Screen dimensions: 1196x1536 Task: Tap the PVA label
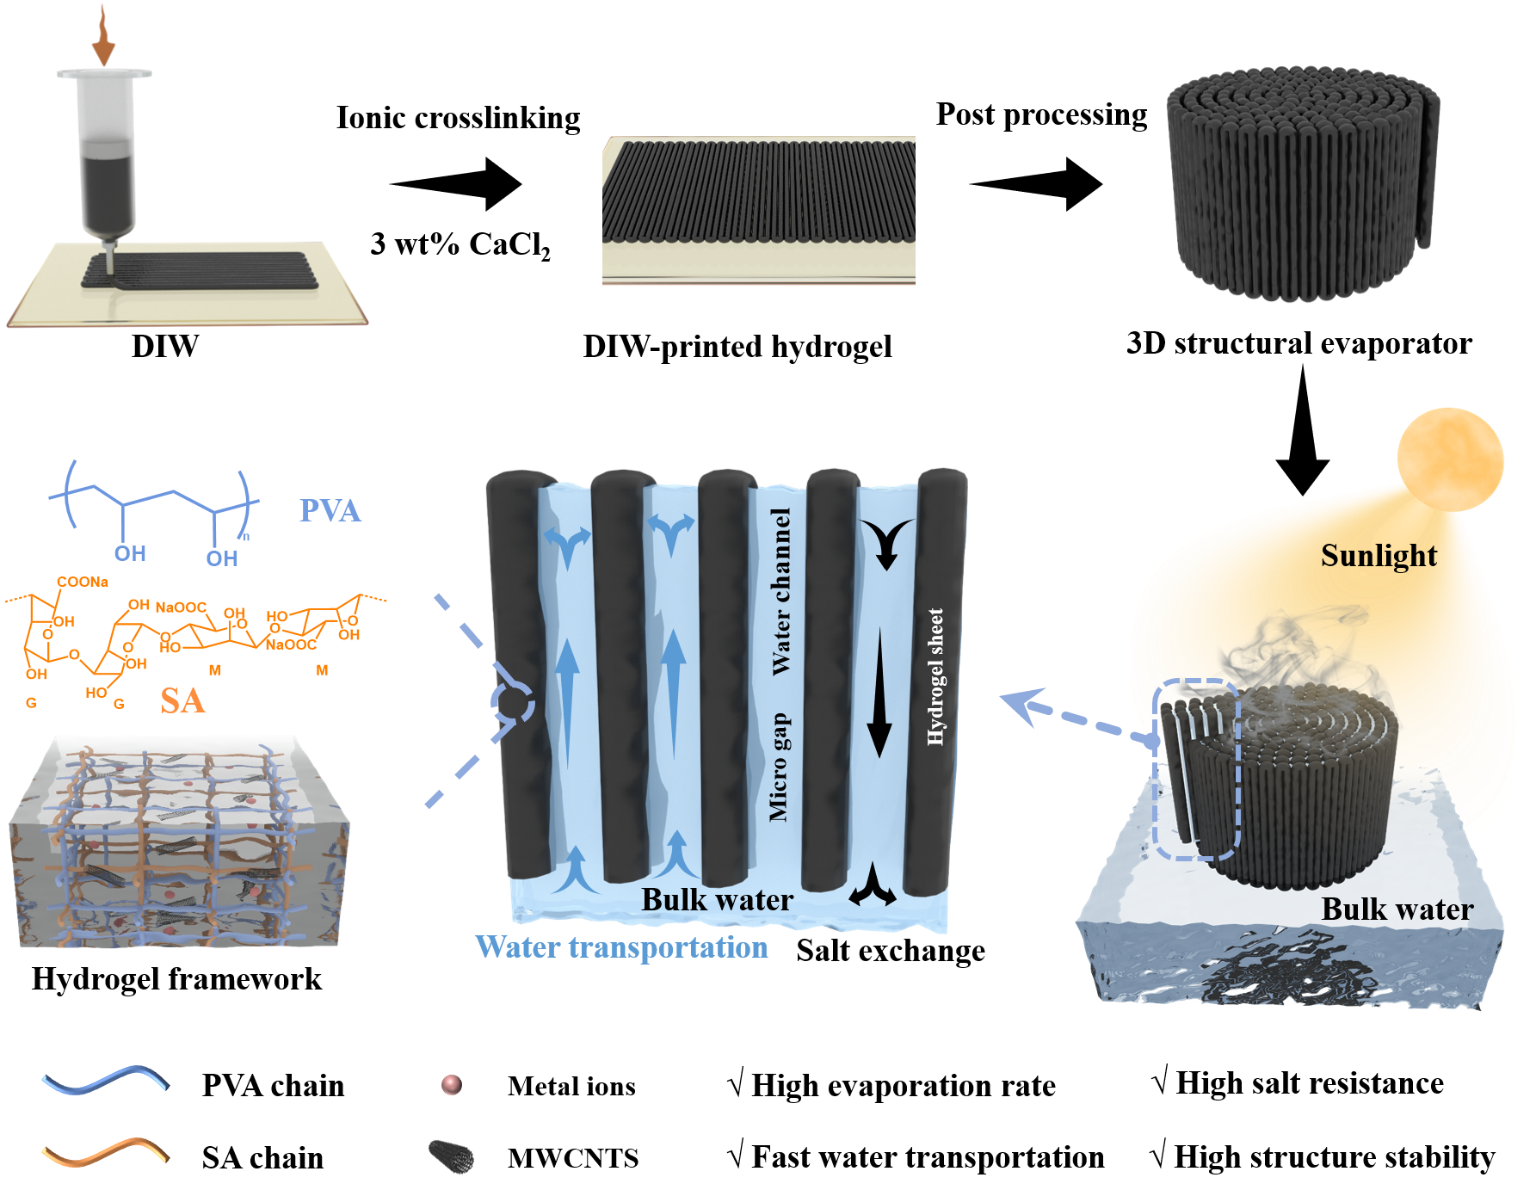[x=330, y=510]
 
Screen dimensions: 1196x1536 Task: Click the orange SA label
[x=182, y=700]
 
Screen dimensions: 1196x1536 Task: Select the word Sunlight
[x=1379, y=556]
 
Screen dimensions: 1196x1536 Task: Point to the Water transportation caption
[x=621, y=947]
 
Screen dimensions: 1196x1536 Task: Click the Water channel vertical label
[x=780, y=592]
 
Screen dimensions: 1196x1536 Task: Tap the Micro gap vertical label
[x=779, y=767]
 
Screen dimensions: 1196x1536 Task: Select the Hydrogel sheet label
[x=935, y=676]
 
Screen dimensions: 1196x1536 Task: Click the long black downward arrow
[x=879, y=693]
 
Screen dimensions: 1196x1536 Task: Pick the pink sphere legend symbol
[x=452, y=1084]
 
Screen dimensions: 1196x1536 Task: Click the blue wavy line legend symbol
[x=105, y=1080]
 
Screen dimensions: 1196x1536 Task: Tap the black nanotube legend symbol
[x=452, y=1156]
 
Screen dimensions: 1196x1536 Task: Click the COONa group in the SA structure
[x=83, y=582]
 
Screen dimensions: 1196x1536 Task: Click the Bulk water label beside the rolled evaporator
[x=1397, y=909]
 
